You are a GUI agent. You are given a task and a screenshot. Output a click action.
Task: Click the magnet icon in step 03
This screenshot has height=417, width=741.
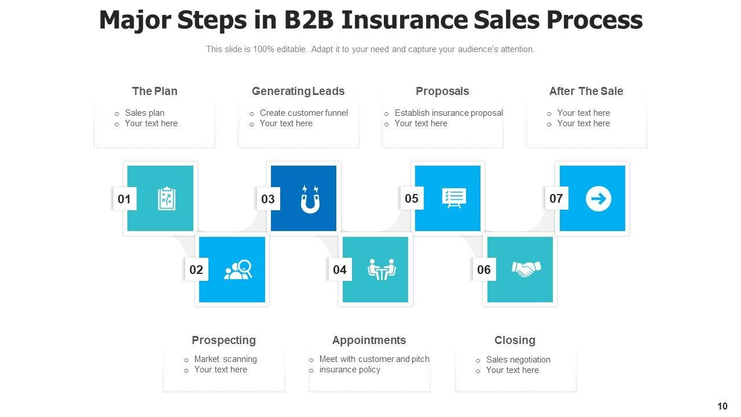click(x=310, y=199)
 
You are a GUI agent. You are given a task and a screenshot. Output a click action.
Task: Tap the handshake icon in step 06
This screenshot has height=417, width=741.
click(x=526, y=269)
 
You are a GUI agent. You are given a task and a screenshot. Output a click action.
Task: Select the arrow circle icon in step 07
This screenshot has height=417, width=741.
click(x=598, y=199)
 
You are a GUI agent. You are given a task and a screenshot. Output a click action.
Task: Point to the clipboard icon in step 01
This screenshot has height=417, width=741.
click(x=167, y=199)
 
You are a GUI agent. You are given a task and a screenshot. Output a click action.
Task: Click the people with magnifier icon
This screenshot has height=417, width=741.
click(x=238, y=269)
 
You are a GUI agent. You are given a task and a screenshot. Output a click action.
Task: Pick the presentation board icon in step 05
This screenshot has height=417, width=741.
click(x=453, y=198)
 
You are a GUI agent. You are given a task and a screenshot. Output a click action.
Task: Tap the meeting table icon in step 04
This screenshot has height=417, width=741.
click(x=381, y=269)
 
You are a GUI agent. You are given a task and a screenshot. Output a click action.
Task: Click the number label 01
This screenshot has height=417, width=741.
click(x=124, y=199)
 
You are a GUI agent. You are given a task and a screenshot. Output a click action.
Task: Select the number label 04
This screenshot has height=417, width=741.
click(x=340, y=270)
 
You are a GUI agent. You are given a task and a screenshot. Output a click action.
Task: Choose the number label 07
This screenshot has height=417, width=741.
click(x=556, y=199)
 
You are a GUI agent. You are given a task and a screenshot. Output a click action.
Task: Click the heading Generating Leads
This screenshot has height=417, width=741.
click(x=298, y=91)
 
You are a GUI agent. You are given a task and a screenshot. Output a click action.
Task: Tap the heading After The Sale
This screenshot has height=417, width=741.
click(x=586, y=91)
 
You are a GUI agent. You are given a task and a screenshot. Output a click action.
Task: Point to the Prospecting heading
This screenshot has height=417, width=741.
click(x=223, y=340)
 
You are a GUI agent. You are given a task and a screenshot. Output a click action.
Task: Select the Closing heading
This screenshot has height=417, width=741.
click(x=515, y=340)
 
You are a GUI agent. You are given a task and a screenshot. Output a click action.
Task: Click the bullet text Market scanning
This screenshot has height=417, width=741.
click(x=225, y=359)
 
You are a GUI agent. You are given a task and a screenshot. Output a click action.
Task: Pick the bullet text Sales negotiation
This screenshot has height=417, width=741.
click(x=518, y=360)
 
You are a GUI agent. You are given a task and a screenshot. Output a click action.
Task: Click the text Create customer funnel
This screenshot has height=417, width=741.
click(x=303, y=113)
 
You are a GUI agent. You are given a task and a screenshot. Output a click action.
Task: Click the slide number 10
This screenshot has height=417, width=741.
click(x=722, y=406)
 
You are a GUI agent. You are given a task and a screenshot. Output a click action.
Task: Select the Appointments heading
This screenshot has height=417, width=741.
click(x=369, y=340)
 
